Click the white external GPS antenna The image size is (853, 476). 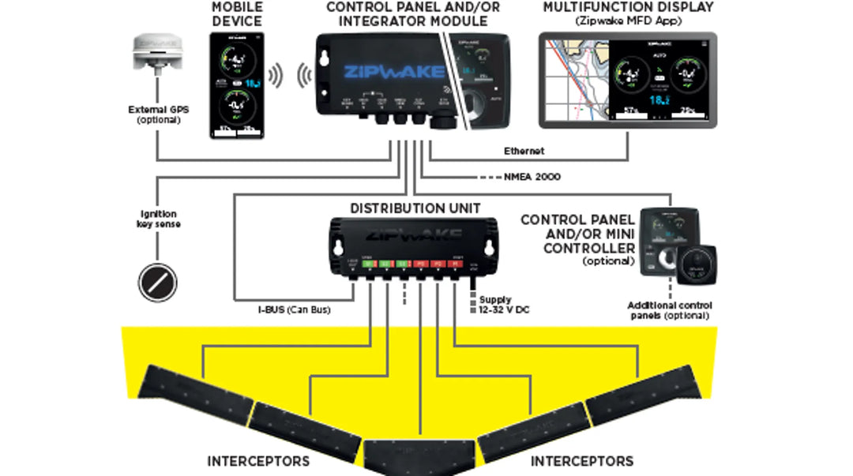pyautogui.click(x=157, y=52)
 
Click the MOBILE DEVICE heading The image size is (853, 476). pyautogui.click(x=237, y=13)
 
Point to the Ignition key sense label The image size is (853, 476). pyautogui.click(x=158, y=219)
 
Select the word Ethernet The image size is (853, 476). pyautogui.click(x=524, y=151)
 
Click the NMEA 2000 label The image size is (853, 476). pyautogui.click(x=532, y=177)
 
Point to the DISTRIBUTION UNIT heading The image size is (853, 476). pyautogui.click(x=415, y=208)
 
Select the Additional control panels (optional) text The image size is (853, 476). pyautogui.click(x=670, y=310)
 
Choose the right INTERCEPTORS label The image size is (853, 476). pyautogui.click(x=581, y=460)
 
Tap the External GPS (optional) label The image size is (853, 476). pyautogui.click(x=159, y=114)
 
